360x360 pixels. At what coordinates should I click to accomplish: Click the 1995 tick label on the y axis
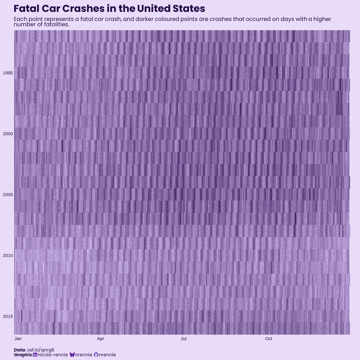pyautogui.click(x=8, y=73)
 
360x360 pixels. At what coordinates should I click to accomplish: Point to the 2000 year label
pyautogui.click(x=8, y=134)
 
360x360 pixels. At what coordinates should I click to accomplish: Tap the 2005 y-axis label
pyautogui.click(x=8, y=195)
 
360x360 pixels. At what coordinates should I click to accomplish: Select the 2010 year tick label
pyautogui.click(x=8, y=256)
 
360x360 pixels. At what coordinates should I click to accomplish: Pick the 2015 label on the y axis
pyautogui.click(x=8, y=316)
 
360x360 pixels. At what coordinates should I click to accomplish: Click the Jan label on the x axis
pyautogui.click(x=18, y=339)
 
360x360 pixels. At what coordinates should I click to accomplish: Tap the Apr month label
pyautogui.click(x=101, y=339)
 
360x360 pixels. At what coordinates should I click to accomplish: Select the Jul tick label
pyautogui.click(x=184, y=339)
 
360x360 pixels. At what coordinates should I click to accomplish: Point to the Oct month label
pyautogui.click(x=269, y=339)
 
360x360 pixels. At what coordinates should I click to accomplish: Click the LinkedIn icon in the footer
pyautogui.click(x=35, y=355)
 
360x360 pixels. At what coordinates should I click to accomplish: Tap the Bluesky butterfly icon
pyautogui.click(x=72, y=355)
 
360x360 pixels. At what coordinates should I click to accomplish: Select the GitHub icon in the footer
pyautogui.click(x=96, y=355)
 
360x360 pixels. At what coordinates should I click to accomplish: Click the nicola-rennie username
pyautogui.click(x=53, y=355)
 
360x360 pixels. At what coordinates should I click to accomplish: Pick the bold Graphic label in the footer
pyautogui.click(x=23, y=355)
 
